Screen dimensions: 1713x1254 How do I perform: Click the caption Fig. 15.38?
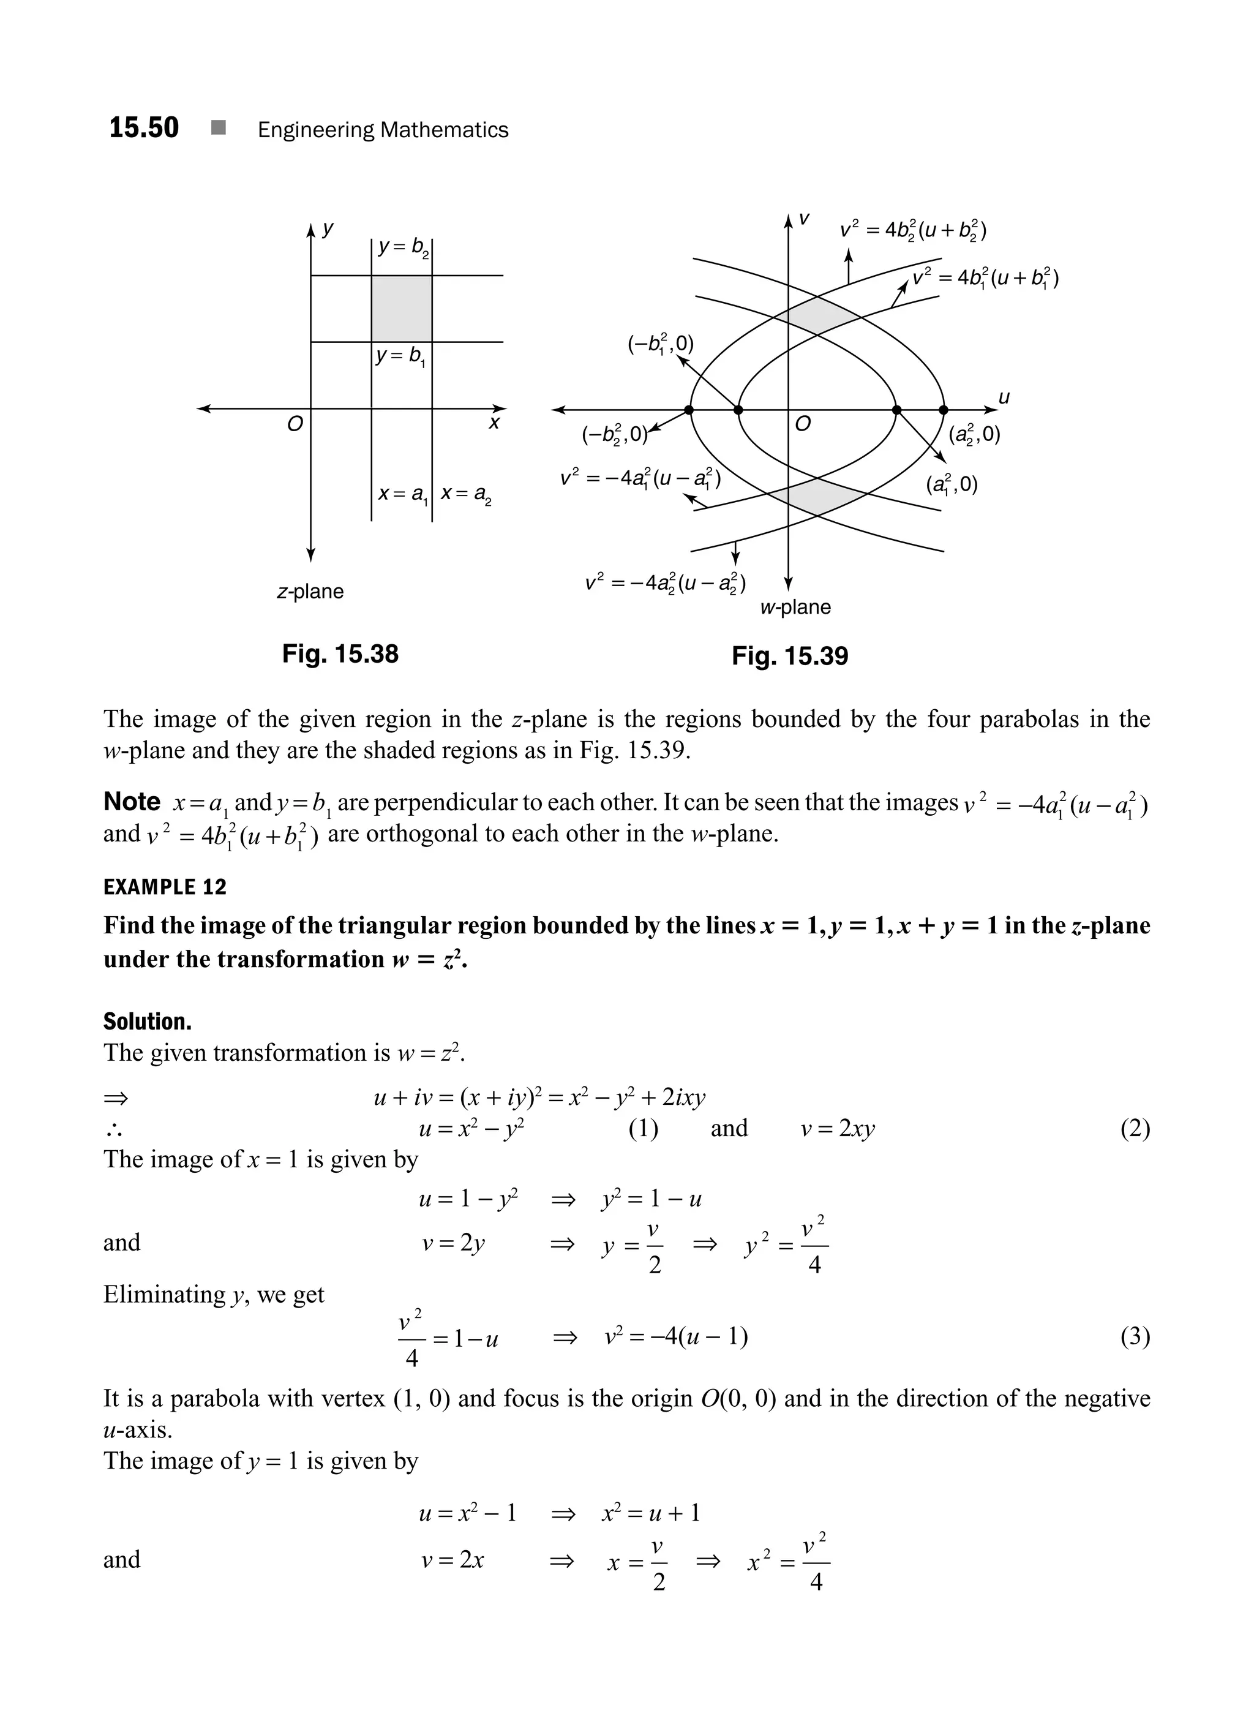coord(340,653)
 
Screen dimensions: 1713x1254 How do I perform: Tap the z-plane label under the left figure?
coord(310,592)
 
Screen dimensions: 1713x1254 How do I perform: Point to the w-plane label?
coord(795,608)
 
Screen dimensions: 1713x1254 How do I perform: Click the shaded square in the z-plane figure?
coord(402,308)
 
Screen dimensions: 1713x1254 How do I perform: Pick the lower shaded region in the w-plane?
coord(820,497)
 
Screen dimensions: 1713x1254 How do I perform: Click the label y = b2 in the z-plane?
coord(403,247)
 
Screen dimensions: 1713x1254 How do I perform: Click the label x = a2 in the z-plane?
coord(465,495)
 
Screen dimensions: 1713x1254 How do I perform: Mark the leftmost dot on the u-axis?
coord(688,410)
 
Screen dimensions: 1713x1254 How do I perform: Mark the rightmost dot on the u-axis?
coord(944,410)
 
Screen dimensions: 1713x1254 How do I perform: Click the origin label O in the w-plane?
coord(802,424)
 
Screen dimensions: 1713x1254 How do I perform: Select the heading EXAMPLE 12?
coord(165,887)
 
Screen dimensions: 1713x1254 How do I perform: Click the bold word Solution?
coord(148,1022)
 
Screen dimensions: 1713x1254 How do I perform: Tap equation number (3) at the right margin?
coord(1135,1336)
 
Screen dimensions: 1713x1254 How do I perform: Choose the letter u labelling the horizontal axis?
coord(1004,397)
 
